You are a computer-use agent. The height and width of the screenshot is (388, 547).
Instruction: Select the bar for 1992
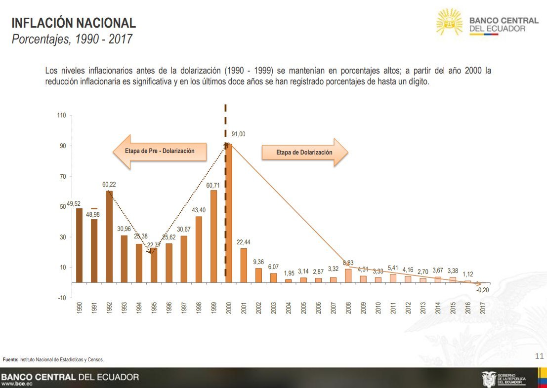[109, 237]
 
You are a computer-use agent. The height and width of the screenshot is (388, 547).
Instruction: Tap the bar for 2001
[244, 265]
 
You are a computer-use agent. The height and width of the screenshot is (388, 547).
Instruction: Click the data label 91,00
[238, 134]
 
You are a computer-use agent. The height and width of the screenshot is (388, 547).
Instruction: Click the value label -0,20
[483, 290]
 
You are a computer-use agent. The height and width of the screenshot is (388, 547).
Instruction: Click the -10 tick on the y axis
[62, 298]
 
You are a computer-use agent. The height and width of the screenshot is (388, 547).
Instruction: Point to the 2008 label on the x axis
[348, 307]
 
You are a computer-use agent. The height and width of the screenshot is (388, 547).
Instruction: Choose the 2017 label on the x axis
[483, 307]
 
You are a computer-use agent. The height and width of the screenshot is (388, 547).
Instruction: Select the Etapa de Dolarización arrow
[304, 152]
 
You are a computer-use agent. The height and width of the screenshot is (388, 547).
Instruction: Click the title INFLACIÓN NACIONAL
[74, 23]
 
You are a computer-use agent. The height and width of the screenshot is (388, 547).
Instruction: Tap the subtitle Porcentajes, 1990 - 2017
[72, 39]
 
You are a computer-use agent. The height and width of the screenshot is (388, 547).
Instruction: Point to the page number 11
[539, 356]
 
